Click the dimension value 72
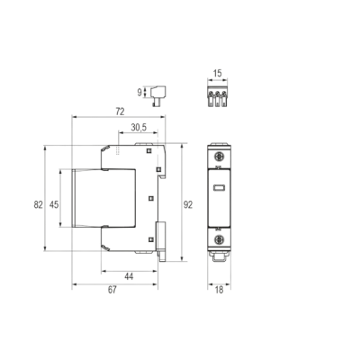click(120, 112)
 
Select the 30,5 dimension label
click(139, 128)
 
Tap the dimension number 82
click(38, 205)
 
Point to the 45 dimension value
click(54, 205)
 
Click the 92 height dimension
click(188, 205)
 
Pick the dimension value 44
click(129, 276)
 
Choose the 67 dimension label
click(112, 290)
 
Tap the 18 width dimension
click(220, 290)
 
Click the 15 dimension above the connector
click(217, 73)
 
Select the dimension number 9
click(139, 93)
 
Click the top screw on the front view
click(219, 157)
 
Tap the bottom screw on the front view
click(219, 239)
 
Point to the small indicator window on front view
click(219, 188)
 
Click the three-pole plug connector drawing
click(218, 96)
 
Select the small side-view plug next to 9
click(158, 95)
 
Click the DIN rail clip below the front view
click(219, 256)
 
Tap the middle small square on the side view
click(151, 198)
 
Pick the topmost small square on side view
click(148, 150)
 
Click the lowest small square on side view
click(151, 239)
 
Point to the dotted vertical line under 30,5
click(118, 150)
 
